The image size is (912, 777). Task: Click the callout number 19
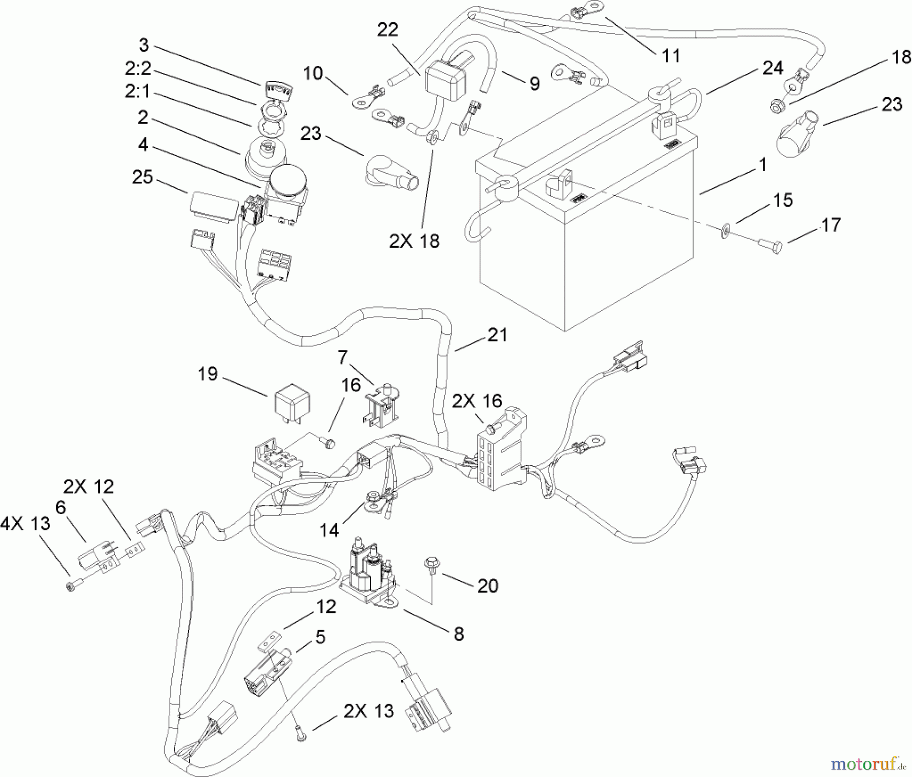[x=208, y=374]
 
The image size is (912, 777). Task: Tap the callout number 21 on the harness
[x=497, y=335]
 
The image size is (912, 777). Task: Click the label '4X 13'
[x=25, y=523]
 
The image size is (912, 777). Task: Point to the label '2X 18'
[x=414, y=241]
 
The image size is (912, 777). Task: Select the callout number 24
[x=772, y=68]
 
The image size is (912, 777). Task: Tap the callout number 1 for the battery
[x=763, y=166]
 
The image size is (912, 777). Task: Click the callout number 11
[x=671, y=56]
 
